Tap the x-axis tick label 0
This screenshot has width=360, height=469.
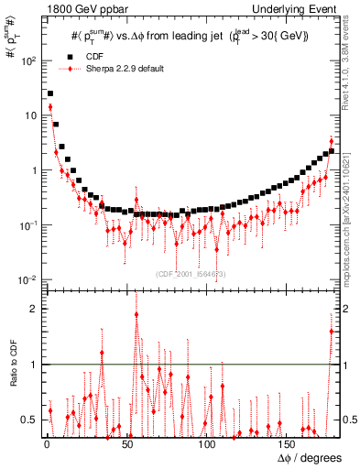pyautogui.click(x=46, y=444)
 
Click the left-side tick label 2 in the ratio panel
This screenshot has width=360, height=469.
pyautogui.click(x=34, y=309)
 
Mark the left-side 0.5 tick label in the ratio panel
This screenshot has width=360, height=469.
pyautogui.click(x=29, y=420)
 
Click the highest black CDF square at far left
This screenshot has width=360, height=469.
pyautogui.click(x=50, y=93)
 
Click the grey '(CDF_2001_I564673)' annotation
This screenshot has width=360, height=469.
pyautogui.click(x=191, y=274)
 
